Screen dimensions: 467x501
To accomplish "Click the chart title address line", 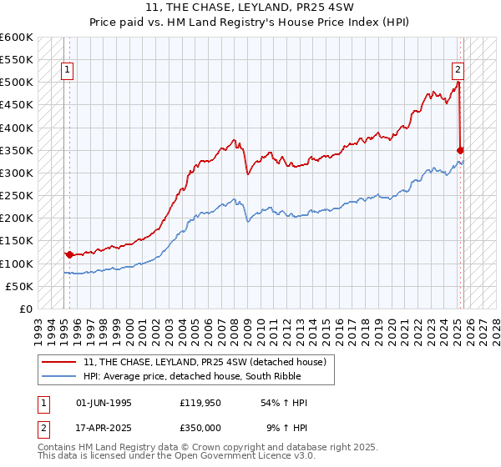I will (x=250, y=8).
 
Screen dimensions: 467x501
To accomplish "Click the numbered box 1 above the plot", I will (x=66, y=71).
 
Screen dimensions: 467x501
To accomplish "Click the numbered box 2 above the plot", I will (x=458, y=71).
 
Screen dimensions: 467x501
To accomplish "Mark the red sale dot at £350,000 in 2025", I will (x=460, y=150).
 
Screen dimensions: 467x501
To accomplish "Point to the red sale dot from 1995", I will (x=69, y=254).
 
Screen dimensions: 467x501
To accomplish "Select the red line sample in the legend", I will (x=58, y=362).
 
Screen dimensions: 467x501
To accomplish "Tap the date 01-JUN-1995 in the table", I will (x=104, y=403).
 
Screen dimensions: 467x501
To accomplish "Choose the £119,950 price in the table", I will (x=199, y=403).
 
